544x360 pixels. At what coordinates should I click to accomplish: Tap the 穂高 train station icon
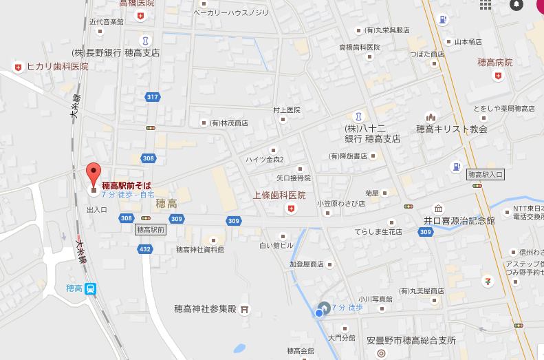click(91, 289)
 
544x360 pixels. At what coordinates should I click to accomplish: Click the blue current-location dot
click(318, 313)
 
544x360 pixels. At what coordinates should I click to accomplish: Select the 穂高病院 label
click(495, 63)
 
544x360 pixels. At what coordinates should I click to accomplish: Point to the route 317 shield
click(152, 97)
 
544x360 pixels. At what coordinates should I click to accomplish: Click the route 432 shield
click(144, 248)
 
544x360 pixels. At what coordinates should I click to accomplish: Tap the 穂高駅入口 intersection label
click(486, 174)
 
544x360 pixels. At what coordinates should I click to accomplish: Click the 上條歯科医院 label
click(279, 195)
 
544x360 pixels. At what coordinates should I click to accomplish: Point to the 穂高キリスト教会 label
click(452, 129)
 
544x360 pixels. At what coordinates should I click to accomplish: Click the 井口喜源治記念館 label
click(459, 220)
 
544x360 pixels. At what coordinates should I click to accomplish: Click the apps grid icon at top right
click(486, 5)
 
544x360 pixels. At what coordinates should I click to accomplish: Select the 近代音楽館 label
click(107, 22)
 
